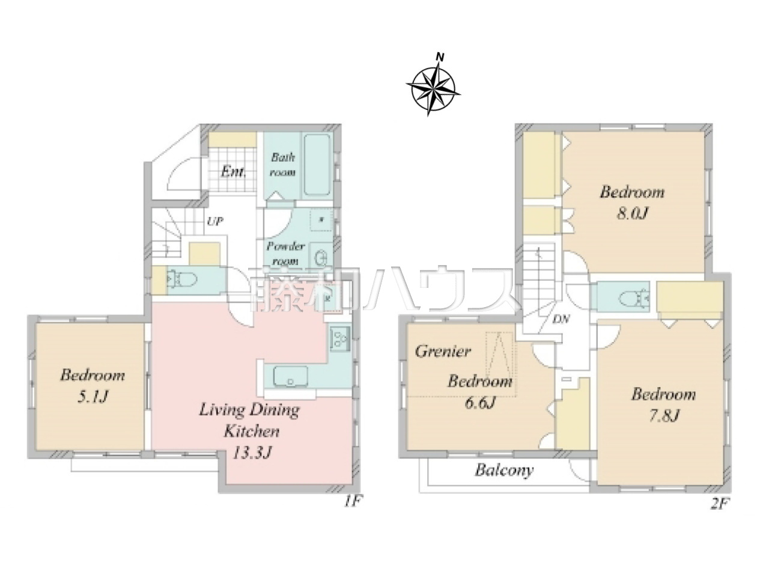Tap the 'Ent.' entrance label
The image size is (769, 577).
234,172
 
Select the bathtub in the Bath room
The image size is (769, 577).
317,164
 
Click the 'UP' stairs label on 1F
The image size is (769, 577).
214,221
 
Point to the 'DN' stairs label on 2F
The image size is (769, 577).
561,319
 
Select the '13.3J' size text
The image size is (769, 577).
252,453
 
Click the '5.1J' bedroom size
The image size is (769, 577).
92,397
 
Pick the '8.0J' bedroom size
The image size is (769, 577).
631,213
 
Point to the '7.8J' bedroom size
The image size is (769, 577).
664,416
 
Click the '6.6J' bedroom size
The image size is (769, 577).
479,403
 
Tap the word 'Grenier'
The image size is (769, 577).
443,351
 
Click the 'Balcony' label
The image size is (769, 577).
504,470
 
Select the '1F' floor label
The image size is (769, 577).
351,501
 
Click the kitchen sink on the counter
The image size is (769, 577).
290,377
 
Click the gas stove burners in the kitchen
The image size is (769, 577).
339,337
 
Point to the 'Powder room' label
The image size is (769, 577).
285,253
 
